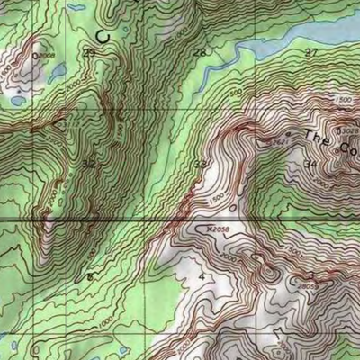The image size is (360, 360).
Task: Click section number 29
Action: click(88, 53)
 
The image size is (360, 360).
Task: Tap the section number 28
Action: click(198, 53)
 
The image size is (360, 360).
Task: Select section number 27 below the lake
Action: click(311, 53)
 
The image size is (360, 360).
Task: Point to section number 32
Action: click(88, 165)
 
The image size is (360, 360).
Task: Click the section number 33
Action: click(200, 164)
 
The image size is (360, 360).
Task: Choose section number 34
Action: click(310, 164)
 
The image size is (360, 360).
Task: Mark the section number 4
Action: click(202, 275)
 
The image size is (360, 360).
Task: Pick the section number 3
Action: click(310, 274)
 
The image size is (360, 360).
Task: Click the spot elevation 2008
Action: click(45, 55)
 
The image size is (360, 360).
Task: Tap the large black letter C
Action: click(102, 36)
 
